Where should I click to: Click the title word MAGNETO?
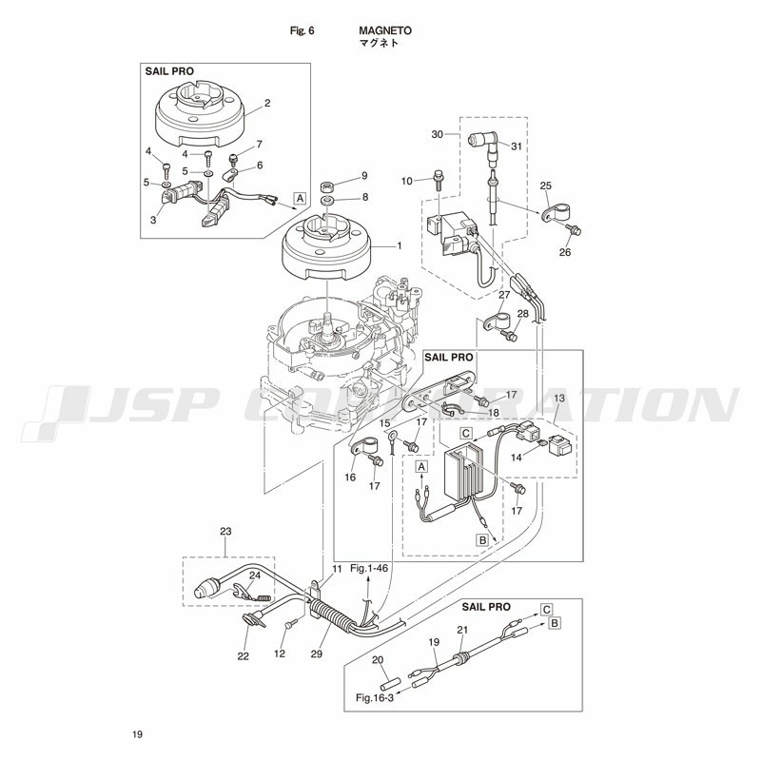[385, 30]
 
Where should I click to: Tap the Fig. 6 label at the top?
[302, 30]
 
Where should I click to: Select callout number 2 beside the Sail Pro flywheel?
[267, 103]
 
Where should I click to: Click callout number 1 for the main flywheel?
[400, 246]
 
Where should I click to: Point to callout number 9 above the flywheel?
[364, 176]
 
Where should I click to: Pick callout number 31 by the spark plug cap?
[517, 146]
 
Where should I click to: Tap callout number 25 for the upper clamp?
[546, 185]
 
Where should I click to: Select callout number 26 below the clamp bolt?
[565, 252]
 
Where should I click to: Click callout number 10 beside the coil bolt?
[407, 181]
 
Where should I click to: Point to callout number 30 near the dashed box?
[438, 134]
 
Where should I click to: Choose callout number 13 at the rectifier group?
[559, 398]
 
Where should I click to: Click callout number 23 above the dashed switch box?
[225, 532]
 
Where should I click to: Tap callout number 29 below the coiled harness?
[317, 654]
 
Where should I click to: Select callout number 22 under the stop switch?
[243, 656]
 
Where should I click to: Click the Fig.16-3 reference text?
[375, 698]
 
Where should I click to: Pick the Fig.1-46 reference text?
[369, 568]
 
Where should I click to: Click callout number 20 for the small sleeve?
[378, 660]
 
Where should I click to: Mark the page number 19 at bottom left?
[137, 734]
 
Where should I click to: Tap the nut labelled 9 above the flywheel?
[327, 186]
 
